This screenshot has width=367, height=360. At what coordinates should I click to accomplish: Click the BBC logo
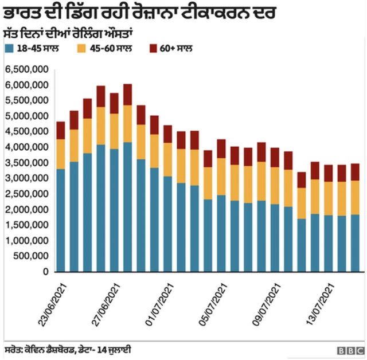coord(350,350)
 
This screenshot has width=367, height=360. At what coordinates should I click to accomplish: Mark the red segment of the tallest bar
coord(127,95)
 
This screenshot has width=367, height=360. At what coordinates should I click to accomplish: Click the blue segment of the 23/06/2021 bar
coord(61,220)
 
